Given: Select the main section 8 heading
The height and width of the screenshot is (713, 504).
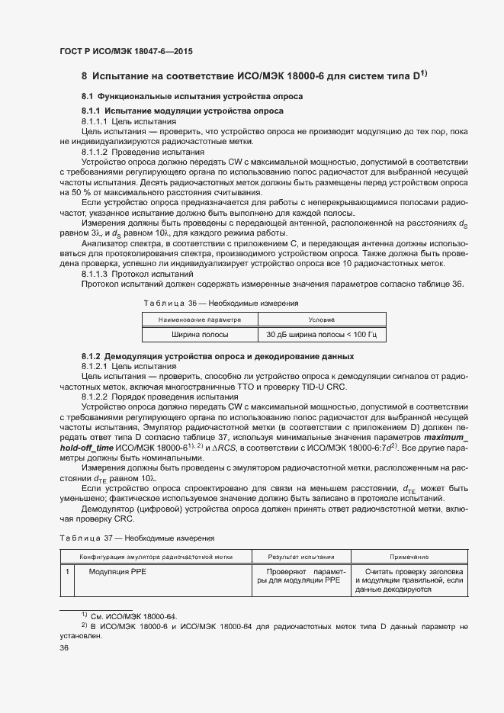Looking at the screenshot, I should pyautogui.click(x=254, y=75).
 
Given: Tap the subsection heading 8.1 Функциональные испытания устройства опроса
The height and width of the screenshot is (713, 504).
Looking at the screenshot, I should pyautogui.click(x=192, y=98).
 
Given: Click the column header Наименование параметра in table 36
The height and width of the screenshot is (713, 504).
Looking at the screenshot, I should pyautogui.click(x=200, y=320).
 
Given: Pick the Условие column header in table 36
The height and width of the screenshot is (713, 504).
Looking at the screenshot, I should pyautogui.click(x=323, y=320).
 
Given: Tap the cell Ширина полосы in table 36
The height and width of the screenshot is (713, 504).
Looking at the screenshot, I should pyautogui.click(x=200, y=335).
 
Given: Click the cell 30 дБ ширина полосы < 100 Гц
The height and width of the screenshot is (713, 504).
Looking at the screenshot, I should pyautogui.click(x=323, y=335).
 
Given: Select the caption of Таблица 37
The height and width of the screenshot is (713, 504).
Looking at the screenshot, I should pyautogui.click(x=137, y=538).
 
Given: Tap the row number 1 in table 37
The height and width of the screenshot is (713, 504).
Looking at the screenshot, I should pyautogui.click(x=68, y=571).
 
